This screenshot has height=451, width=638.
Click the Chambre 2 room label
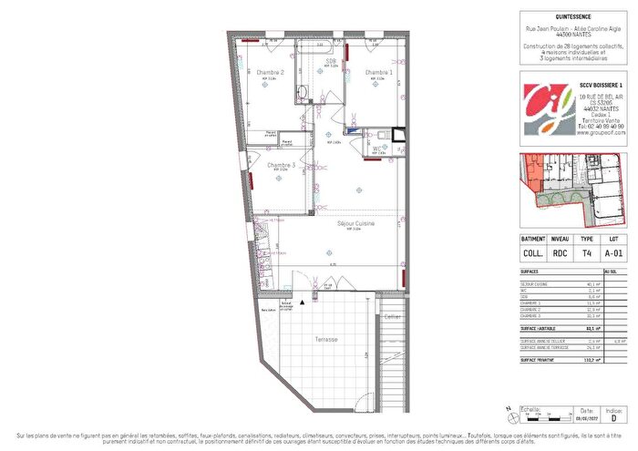(x=270, y=72)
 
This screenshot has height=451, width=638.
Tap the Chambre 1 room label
(x=379, y=72)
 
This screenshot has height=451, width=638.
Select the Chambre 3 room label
(x=281, y=164)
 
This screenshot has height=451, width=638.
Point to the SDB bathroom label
(x=332, y=61)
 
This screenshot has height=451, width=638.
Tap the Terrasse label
(x=325, y=339)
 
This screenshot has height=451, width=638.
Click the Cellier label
(x=392, y=316)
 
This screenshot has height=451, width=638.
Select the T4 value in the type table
(x=587, y=254)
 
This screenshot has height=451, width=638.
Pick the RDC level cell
(x=561, y=254)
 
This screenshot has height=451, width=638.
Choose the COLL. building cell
(x=533, y=254)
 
